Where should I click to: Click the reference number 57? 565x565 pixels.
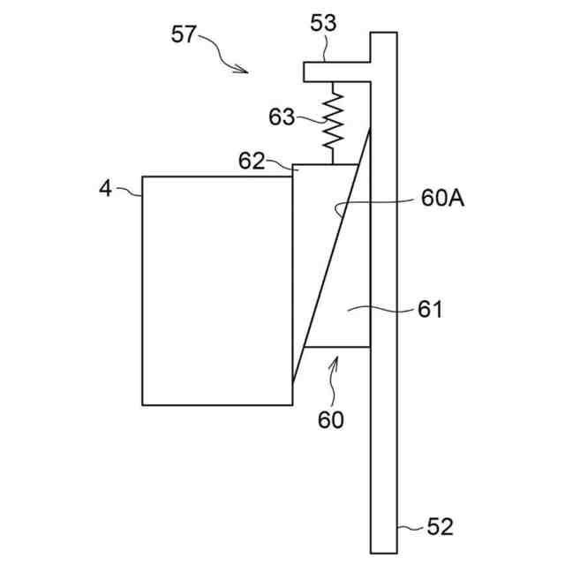[x=184, y=35]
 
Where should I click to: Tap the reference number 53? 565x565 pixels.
[x=324, y=24]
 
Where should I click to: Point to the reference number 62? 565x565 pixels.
[x=252, y=161]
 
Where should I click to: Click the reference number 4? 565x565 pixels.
[x=105, y=188]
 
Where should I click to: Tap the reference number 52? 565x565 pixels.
[x=439, y=527]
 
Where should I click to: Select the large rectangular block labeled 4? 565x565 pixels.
[x=216, y=290]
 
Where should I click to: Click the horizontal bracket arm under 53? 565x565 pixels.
[x=336, y=70]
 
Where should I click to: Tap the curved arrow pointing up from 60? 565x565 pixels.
[x=333, y=375]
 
